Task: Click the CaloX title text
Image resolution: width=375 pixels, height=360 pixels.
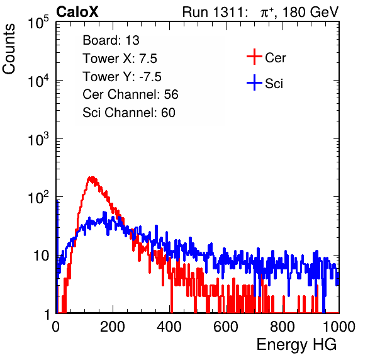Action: pyautogui.click(x=77, y=12)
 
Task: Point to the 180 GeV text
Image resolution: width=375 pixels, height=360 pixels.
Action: pyautogui.click(x=310, y=12)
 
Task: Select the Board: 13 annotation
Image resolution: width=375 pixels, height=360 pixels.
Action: pyautogui.click(x=111, y=40)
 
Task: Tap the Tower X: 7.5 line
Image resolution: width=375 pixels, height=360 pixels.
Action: pyautogui.click(x=120, y=59)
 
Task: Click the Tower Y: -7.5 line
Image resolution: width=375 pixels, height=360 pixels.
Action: pyautogui.click(x=122, y=77)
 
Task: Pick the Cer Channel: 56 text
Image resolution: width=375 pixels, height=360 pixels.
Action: pyautogui.click(x=130, y=94)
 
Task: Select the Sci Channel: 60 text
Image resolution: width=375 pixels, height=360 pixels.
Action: pyautogui.click(x=129, y=113)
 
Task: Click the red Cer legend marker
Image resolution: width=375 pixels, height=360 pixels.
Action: pyautogui.click(x=254, y=57)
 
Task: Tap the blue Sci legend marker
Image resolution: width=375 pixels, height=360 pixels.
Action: pyautogui.click(x=254, y=83)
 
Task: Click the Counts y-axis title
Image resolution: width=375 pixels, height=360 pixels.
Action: pyautogui.click(x=9, y=49)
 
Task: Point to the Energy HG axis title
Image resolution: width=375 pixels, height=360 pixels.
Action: pyautogui.click(x=296, y=345)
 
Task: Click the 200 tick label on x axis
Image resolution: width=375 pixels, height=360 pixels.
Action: pyautogui.click(x=113, y=327)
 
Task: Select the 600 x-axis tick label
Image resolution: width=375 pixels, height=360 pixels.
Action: pyautogui.click(x=226, y=327)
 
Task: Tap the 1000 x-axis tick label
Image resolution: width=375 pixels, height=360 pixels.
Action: pyautogui.click(x=339, y=327)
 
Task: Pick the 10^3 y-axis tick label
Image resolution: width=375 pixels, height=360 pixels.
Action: pyautogui.click(x=38, y=139)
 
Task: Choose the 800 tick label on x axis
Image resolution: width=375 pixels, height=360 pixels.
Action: pyautogui.click(x=283, y=327)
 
